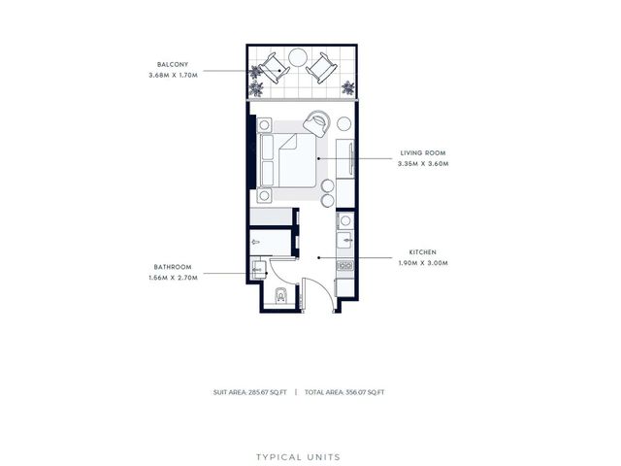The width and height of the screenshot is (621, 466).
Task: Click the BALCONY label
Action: click(173, 64)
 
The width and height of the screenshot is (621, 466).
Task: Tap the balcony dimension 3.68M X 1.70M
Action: click(173, 75)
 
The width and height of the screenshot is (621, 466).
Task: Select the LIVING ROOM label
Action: click(423, 153)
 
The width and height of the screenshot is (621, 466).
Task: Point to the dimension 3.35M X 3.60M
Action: click(423, 163)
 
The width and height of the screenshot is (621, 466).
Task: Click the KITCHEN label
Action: click(423, 252)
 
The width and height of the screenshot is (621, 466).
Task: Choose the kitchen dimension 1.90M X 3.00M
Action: click(423, 263)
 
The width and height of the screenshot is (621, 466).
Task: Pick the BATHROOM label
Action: click(173, 267)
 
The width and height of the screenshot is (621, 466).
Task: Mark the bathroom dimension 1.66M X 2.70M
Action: click(173, 278)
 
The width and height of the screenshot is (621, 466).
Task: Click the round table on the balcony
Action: click(298, 58)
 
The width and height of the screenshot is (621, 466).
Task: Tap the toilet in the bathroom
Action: click(280, 294)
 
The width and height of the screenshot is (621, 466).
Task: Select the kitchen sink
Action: click(344, 240)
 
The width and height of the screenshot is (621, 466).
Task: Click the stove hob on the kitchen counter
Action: click(345, 265)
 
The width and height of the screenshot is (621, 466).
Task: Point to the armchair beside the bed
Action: click(317, 123)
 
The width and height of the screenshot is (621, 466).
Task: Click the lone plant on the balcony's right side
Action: click(348, 88)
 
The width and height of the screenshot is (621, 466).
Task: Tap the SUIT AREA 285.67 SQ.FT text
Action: click(249, 392)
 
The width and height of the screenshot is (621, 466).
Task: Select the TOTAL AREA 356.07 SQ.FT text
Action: click(344, 392)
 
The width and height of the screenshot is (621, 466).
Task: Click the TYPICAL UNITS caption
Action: click(298, 457)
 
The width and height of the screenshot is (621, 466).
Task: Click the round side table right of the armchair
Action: click(343, 123)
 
